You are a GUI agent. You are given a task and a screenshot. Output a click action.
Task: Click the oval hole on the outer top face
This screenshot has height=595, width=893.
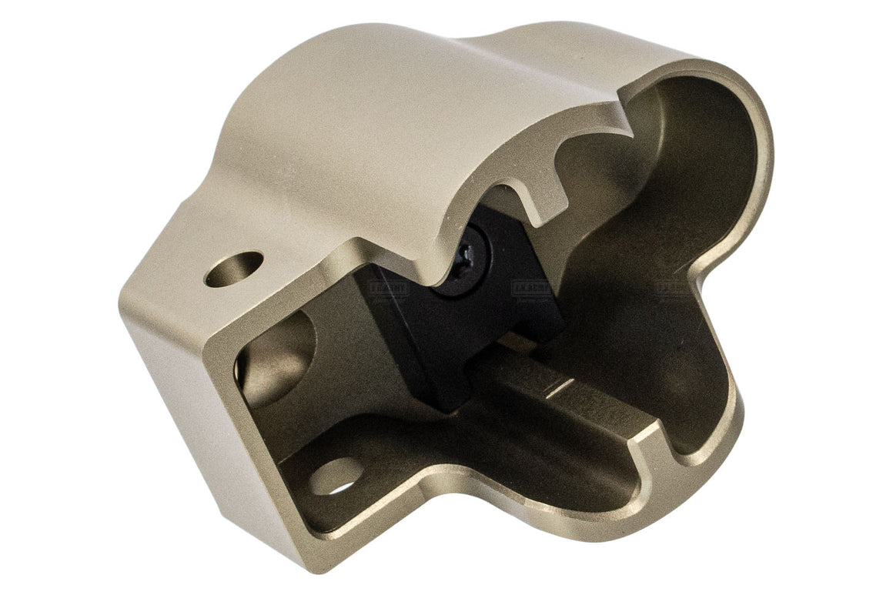(233, 269)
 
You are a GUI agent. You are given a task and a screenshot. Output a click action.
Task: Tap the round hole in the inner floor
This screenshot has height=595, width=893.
(336, 476)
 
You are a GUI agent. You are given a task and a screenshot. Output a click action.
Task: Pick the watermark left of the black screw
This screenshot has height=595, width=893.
(390, 288)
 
